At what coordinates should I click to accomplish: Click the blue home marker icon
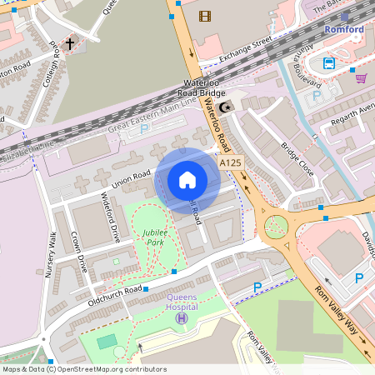187,179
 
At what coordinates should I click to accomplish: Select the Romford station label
344,30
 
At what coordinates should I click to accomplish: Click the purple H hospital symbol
182,318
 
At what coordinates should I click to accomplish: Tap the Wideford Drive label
111,217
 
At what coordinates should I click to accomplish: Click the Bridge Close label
297,158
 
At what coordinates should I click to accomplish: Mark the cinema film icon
205,15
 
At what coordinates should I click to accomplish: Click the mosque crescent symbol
231,107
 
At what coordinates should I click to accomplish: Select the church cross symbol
70,42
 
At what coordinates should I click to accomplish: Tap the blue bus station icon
329,63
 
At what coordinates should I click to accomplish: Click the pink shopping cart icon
361,77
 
